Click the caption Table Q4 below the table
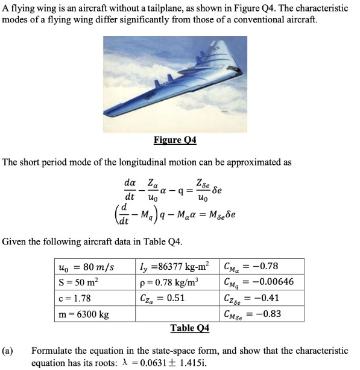(189, 328)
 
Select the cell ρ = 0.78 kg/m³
(169, 281)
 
